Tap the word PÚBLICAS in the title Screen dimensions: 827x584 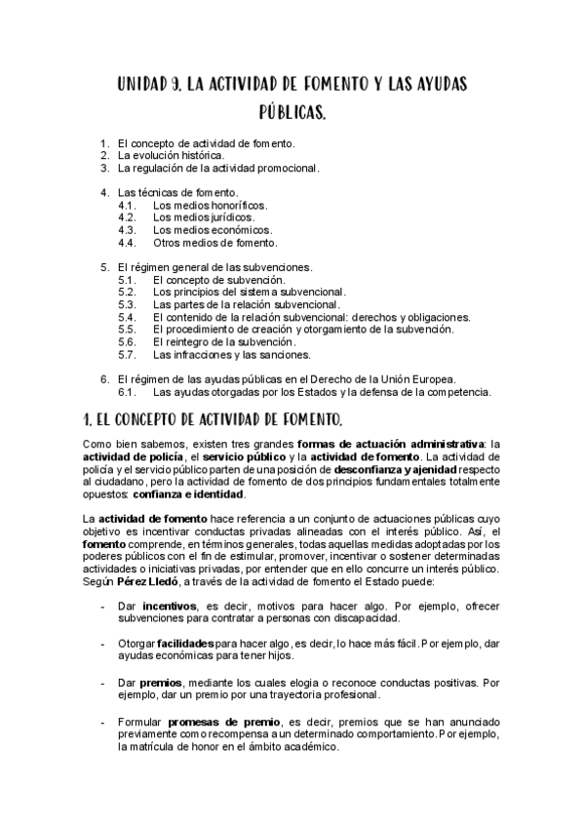pyautogui.click(x=292, y=115)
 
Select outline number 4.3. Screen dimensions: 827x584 pyautogui.click(x=126, y=230)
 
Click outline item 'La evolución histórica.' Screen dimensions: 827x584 pyautogui.click(x=172, y=155)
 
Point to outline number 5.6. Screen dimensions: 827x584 pyautogui.click(x=126, y=342)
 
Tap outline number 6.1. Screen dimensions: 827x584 pyautogui.click(x=126, y=392)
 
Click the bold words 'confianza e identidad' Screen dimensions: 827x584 pyautogui.click(x=190, y=494)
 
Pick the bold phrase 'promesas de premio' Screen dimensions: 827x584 pyautogui.click(x=214, y=721)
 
